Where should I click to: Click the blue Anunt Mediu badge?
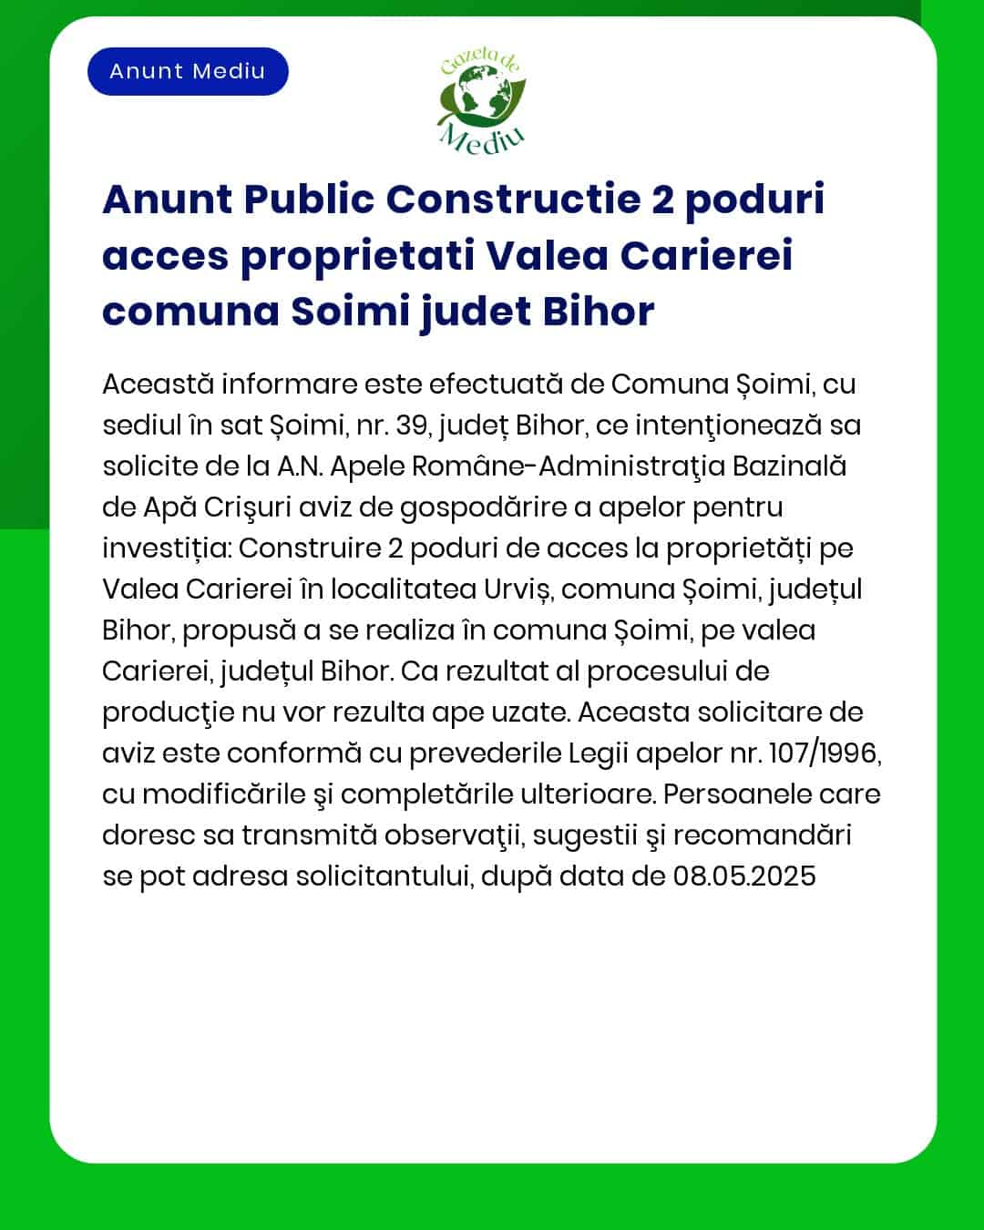coord(188,72)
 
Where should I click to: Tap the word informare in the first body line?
coord(288,384)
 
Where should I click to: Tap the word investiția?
coord(166,548)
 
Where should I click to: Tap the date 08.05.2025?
coord(744,876)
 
